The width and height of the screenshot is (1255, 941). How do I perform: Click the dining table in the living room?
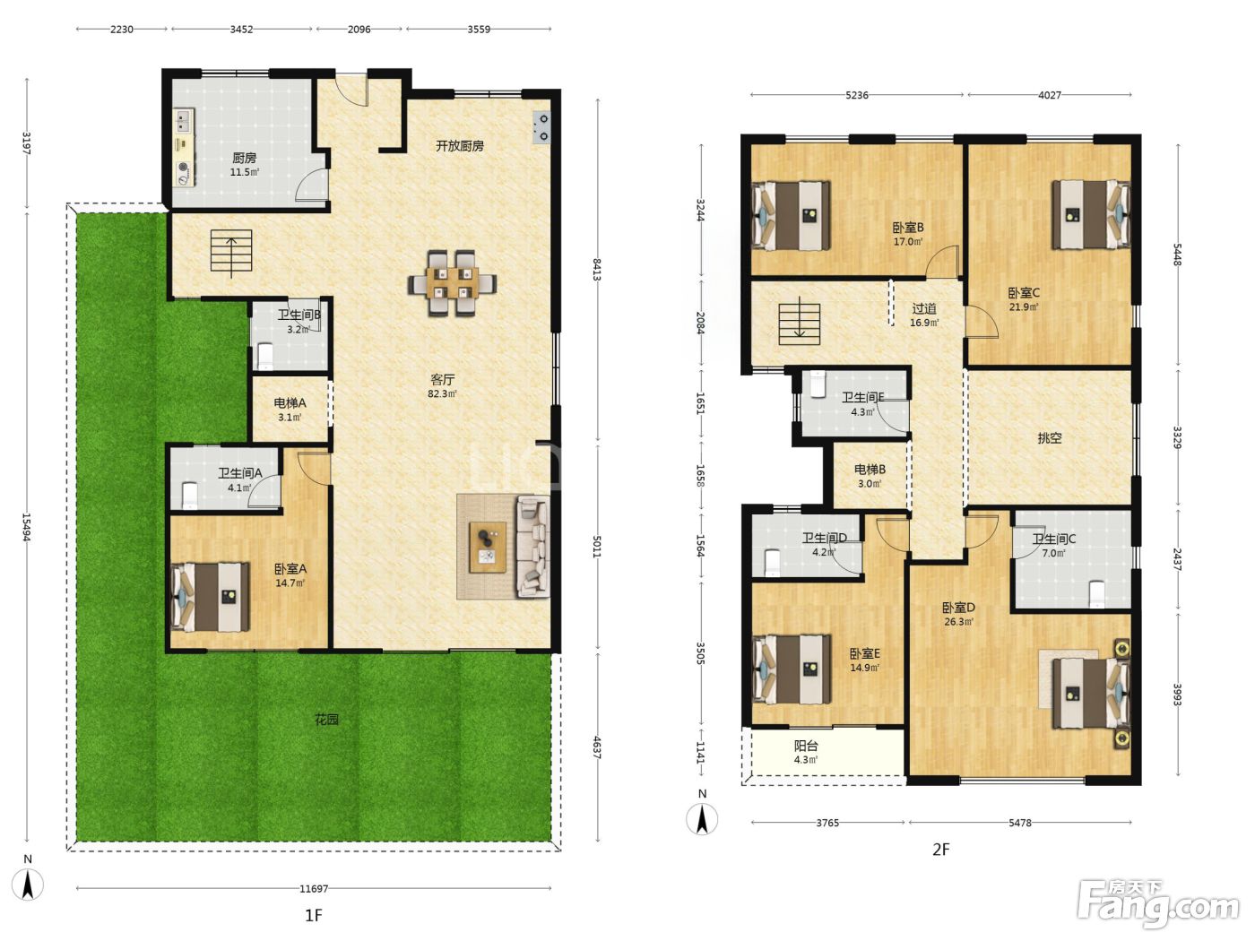[x=452, y=283]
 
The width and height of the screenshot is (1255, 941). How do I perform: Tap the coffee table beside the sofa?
[x=488, y=547]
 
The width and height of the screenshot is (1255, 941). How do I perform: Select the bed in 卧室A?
[x=211, y=598]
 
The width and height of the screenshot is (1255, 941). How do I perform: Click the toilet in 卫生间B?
[x=265, y=357]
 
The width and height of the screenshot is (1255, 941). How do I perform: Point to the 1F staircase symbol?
[x=231, y=252]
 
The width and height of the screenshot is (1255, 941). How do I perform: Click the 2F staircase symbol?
[x=800, y=324]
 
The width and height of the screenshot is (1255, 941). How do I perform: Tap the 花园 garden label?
[x=326, y=720]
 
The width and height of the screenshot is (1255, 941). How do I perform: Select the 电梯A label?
[x=290, y=402]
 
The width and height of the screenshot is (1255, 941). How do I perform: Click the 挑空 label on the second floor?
[x=1049, y=438]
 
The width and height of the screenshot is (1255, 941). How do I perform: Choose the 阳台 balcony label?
[x=806, y=746]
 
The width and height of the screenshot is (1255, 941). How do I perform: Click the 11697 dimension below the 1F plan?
[x=314, y=888]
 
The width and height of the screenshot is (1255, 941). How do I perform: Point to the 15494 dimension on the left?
[x=26, y=526]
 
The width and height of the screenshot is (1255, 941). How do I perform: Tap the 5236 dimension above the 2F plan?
[x=856, y=95]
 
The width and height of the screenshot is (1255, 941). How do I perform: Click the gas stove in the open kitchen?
[x=541, y=127]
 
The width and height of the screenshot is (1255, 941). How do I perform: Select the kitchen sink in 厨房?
[x=184, y=121]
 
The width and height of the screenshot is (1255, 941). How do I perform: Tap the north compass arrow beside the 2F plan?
[x=702, y=819]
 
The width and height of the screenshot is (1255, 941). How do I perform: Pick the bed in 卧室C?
[x=1091, y=215]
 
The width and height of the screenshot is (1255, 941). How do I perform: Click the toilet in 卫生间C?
[x=1096, y=594]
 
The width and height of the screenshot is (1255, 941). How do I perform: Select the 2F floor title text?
[x=940, y=850]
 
